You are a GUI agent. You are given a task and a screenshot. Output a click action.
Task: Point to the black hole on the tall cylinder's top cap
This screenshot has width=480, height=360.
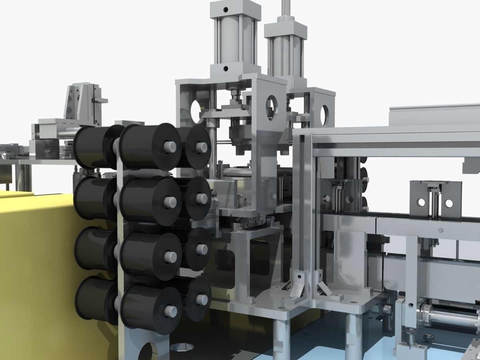pos(226,9)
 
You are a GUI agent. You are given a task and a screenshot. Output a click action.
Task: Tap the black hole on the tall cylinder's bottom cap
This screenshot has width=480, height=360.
pos(226,69)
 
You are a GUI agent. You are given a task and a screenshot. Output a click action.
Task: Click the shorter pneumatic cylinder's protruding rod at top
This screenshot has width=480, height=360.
pos(285,10)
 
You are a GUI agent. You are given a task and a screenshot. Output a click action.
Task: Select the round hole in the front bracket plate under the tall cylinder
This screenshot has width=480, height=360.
pos(271,108)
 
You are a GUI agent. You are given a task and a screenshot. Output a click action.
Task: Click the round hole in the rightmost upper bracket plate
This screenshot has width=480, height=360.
pos(324,114)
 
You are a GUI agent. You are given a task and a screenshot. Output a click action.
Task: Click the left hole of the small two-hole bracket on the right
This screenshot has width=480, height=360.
pos(421,202)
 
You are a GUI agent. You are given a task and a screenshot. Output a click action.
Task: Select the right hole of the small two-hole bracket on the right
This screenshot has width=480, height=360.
pos(449,203)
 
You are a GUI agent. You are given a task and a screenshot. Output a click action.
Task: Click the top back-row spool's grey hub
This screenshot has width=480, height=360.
pos(201,147)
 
